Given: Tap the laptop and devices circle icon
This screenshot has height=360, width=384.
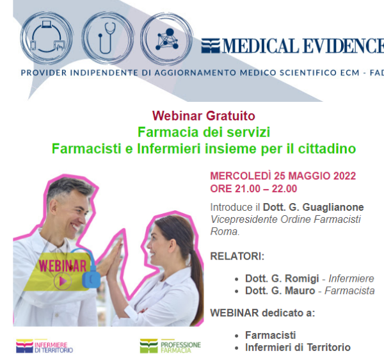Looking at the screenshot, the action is [x=47, y=38].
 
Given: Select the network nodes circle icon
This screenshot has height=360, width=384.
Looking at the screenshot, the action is [x=166, y=38].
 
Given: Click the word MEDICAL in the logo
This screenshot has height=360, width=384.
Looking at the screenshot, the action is [x=260, y=46].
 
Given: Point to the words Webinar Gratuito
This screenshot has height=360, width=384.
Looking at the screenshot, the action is [x=204, y=116].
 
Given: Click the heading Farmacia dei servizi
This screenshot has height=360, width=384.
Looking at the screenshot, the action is [x=204, y=132].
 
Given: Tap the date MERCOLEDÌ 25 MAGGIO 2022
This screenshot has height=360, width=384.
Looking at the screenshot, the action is [x=283, y=176].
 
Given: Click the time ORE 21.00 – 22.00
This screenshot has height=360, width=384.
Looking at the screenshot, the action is [x=253, y=189].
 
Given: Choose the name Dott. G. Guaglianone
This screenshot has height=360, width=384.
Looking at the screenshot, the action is [x=313, y=207].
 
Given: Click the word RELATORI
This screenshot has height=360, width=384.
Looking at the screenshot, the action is [x=236, y=256].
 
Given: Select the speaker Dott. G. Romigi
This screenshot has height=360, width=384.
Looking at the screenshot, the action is [x=282, y=279].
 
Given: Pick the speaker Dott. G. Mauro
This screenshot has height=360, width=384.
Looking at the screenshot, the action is [x=280, y=291].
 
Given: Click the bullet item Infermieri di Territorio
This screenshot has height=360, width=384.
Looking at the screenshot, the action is [x=298, y=347].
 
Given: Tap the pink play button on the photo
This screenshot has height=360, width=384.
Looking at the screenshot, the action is [x=63, y=281].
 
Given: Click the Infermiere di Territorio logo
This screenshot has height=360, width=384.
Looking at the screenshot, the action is [x=45, y=346].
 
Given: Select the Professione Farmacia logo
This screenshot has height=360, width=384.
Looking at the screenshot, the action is [x=170, y=346].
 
